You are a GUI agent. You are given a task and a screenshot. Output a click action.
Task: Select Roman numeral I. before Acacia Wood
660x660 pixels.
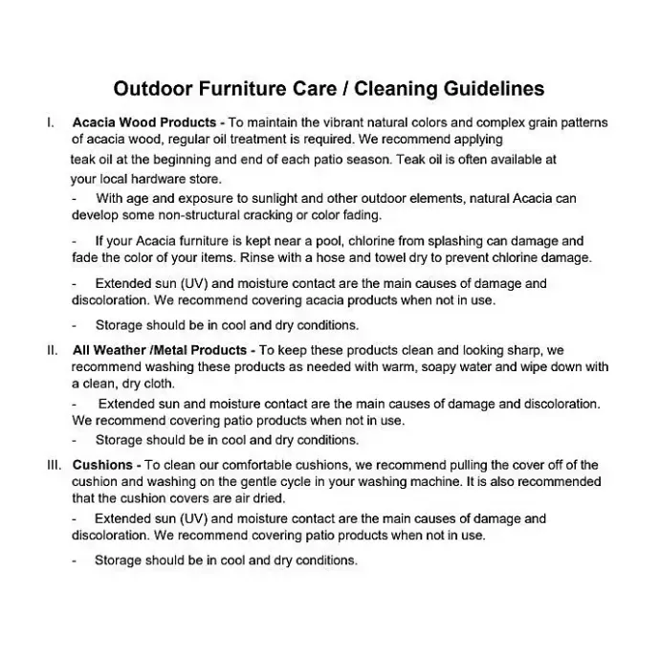pos(50,123)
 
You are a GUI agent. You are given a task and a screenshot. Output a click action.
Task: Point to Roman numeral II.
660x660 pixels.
pos(53,350)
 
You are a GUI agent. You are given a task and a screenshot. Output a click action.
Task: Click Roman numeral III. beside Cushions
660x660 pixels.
pos(55,465)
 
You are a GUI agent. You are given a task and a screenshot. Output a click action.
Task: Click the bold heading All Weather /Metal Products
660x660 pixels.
pos(162,350)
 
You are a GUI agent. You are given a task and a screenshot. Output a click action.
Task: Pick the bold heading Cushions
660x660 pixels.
pos(102,465)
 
